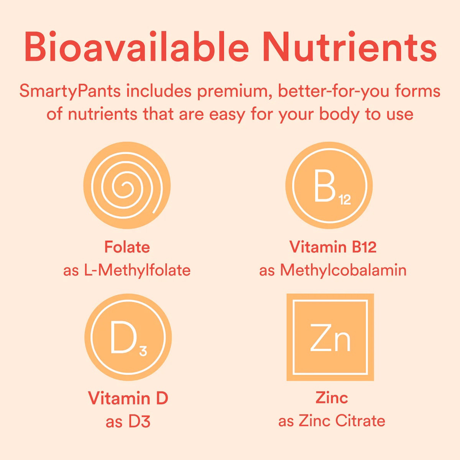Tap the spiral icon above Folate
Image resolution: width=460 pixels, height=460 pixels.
127,186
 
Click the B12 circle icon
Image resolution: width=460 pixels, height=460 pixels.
329,186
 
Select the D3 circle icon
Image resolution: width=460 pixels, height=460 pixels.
128,338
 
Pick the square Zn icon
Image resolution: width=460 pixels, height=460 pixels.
330,337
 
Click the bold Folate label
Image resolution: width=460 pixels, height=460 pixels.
127,247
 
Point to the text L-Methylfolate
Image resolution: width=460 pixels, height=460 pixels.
144,270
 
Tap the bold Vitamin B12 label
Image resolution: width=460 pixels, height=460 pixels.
333,247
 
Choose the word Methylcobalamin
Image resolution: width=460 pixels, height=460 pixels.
343,270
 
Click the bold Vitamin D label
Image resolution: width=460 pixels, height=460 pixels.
128,398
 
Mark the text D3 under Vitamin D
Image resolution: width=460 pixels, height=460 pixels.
140,422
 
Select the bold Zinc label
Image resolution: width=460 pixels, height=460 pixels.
332,398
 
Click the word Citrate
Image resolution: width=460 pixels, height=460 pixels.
360,421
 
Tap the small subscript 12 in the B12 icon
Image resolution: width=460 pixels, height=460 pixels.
345,200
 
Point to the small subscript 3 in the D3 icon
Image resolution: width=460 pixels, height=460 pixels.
143,351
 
